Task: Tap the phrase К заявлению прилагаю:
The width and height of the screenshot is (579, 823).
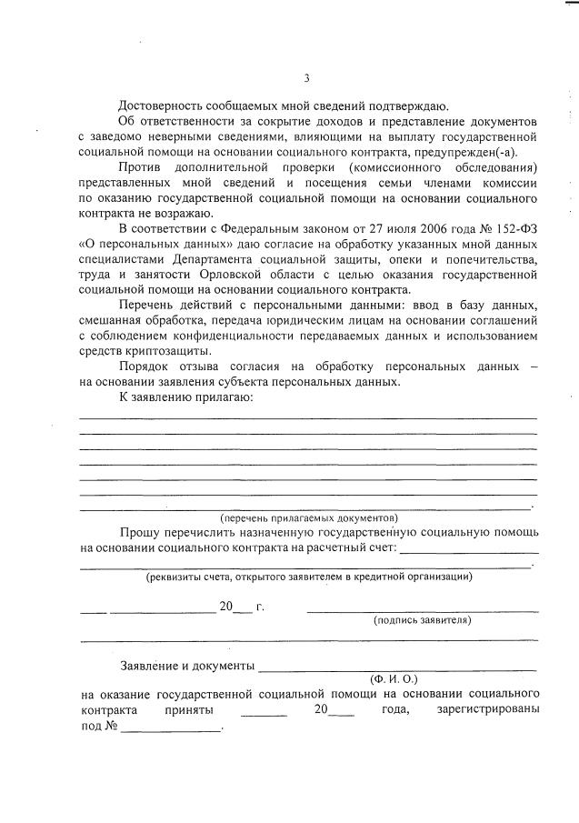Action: pyautogui.click(x=185, y=396)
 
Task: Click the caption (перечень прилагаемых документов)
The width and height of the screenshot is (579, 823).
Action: pyautogui.click(x=309, y=517)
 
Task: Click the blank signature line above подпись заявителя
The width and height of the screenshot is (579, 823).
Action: pyautogui.click(x=422, y=610)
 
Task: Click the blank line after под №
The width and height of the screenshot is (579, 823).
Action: pyautogui.click(x=171, y=728)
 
